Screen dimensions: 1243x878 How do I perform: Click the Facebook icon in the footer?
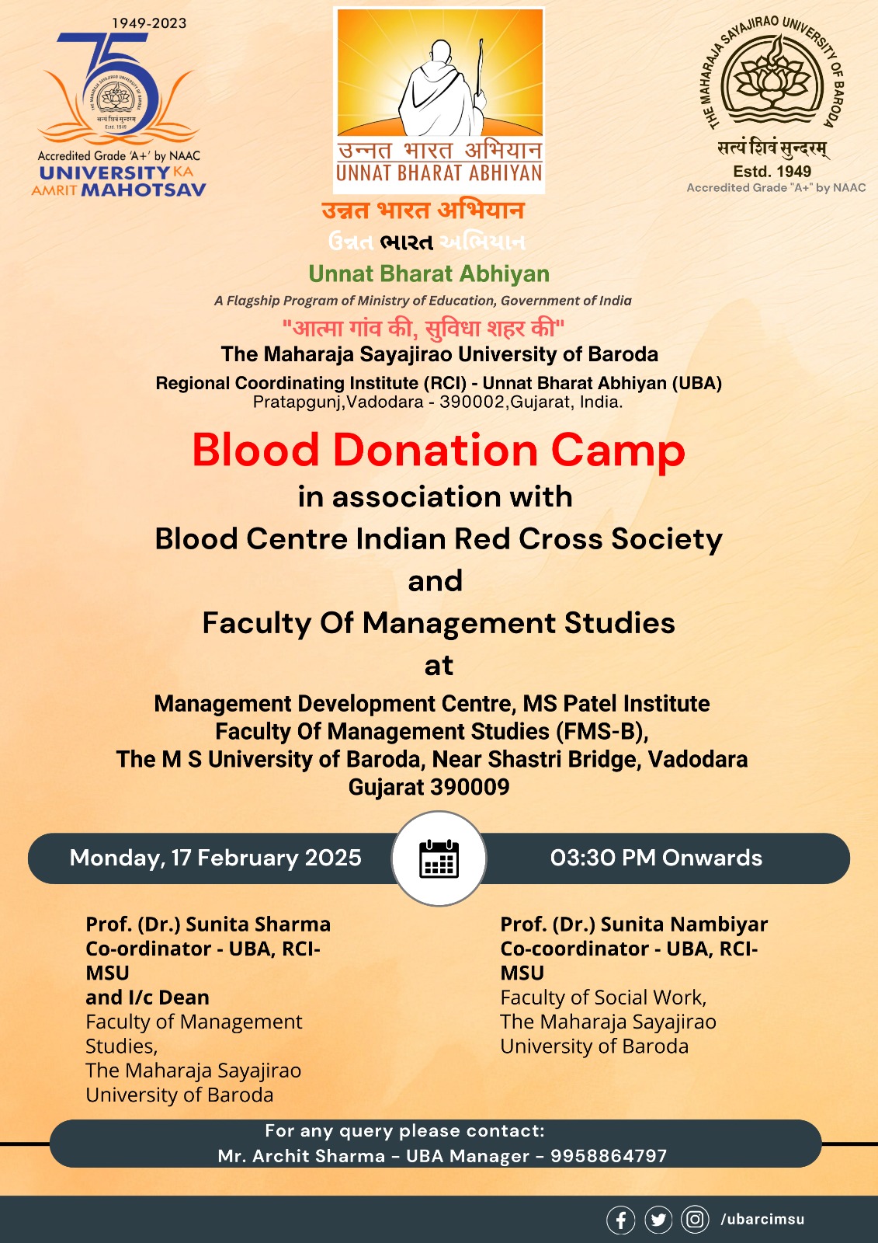[621, 1220]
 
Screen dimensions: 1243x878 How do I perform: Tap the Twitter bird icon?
[658, 1220]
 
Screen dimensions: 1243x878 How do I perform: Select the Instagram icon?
[695, 1220]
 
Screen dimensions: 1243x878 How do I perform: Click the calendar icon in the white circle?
[439, 858]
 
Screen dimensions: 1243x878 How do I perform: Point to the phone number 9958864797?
[609, 1156]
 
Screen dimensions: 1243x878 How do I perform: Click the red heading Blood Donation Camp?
[439, 451]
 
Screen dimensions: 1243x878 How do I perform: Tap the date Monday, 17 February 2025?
[215, 858]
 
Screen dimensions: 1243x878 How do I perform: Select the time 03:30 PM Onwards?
[656, 858]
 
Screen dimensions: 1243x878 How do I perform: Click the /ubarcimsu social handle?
[762, 1220]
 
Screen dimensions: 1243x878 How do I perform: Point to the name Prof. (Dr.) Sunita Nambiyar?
[633, 924]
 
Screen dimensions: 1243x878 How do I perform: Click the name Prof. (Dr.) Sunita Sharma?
[208, 924]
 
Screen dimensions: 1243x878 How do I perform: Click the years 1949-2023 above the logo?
[149, 23]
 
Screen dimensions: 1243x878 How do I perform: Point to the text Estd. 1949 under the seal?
[772, 172]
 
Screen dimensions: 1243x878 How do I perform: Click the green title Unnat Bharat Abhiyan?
[429, 274]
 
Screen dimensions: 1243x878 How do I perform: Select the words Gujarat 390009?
[429, 787]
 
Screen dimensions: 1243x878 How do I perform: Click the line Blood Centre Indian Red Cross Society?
[439, 539]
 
